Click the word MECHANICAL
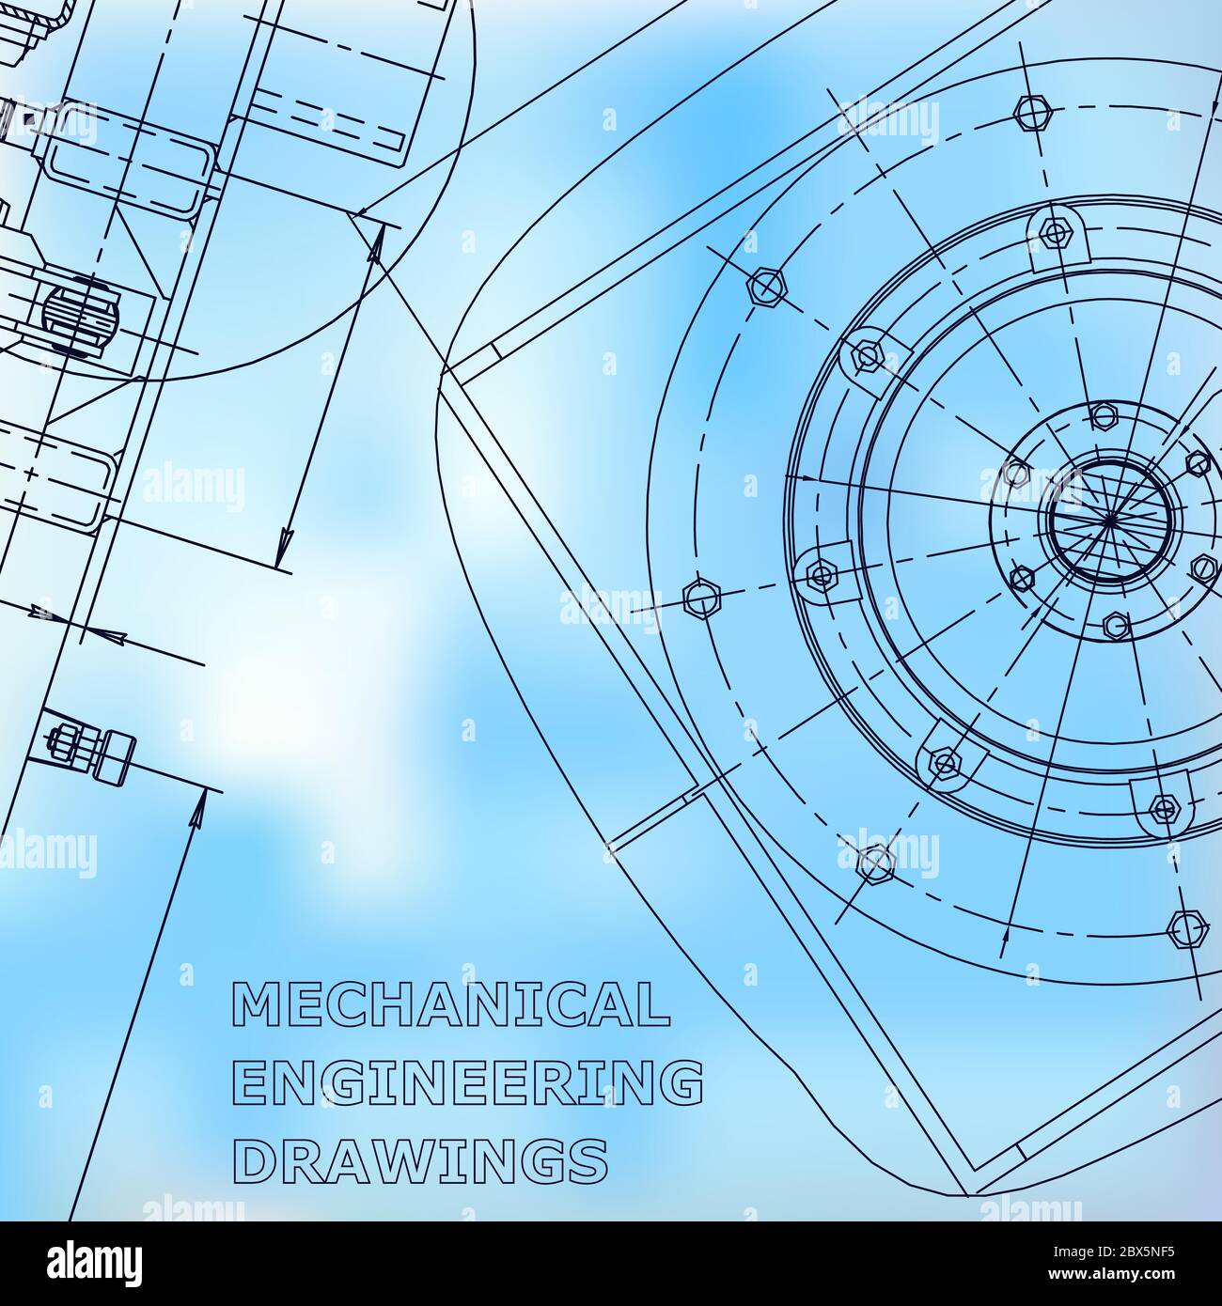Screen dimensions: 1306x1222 (450, 1004)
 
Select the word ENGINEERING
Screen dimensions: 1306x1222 (467, 1082)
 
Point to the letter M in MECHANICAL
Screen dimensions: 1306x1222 (254, 1004)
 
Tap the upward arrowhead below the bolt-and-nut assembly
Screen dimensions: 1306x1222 (198, 810)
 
